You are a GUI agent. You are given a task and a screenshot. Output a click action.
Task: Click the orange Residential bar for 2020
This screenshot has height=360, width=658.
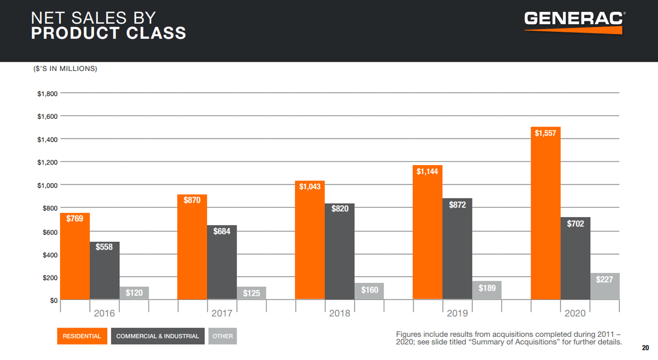pyautogui.click(x=545, y=216)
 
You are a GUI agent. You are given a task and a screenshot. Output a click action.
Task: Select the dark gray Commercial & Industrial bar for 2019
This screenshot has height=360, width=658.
pyautogui.click(x=457, y=252)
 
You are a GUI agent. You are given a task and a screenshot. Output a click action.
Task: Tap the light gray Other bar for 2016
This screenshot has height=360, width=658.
pyautogui.click(x=134, y=293)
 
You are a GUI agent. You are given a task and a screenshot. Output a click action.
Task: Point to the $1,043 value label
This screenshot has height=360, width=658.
pyautogui.click(x=310, y=187)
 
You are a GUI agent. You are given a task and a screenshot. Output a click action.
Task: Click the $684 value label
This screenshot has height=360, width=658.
pyautogui.click(x=222, y=231)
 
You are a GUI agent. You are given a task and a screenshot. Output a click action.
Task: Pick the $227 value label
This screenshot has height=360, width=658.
pyautogui.click(x=605, y=280)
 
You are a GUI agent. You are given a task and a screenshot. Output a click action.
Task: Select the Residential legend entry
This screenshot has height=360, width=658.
pyautogui.click(x=82, y=336)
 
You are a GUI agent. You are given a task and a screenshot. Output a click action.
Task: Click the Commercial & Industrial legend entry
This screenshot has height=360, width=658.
pyautogui.click(x=157, y=336)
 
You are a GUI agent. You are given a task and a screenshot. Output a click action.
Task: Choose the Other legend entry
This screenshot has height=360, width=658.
pyautogui.click(x=223, y=336)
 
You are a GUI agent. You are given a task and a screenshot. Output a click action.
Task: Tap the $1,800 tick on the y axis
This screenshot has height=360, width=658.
pyautogui.click(x=47, y=94)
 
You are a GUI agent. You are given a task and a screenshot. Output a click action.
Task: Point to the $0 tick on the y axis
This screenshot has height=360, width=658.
pyautogui.click(x=52, y=300)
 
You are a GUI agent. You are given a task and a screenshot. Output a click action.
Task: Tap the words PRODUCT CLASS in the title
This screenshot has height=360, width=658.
pyautogui.click(x=108, y=33)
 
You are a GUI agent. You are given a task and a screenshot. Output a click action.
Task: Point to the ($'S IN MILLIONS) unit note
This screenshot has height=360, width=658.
pyautogui.click(x=64, y=68)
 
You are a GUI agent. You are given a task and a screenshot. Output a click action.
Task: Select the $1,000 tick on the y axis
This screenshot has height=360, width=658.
pyautogui.click(x=47, y=185)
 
